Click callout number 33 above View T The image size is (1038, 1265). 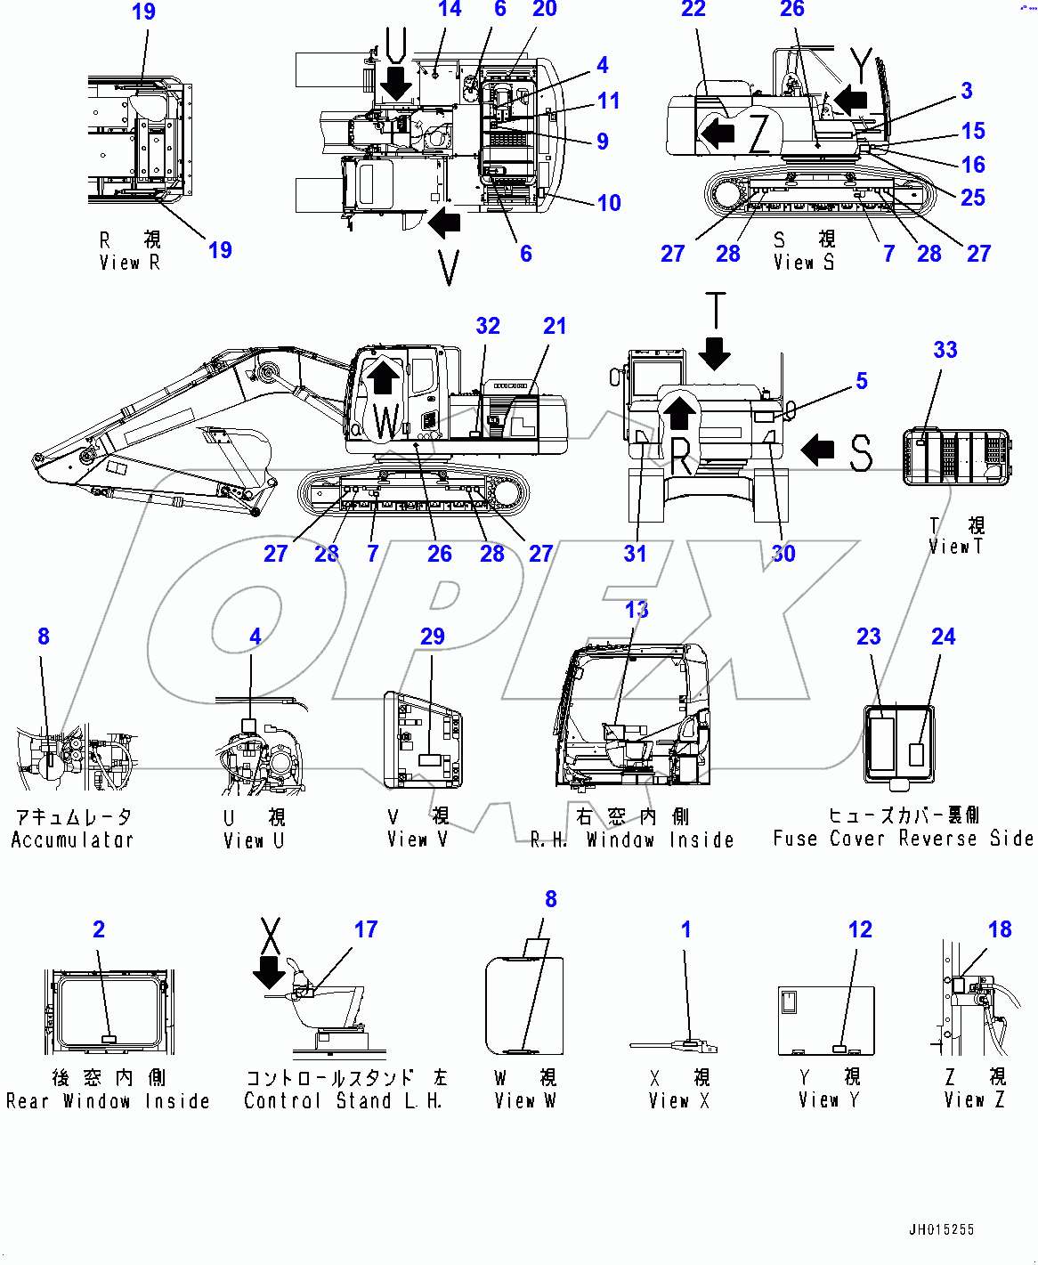[x=945, y=350]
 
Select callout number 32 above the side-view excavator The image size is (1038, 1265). [x=488, y=326]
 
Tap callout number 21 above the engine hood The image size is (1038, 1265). [x=555, y=326]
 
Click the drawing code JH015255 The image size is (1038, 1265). [x=941, y=1229]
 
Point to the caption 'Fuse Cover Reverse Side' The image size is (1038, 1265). [x=903, y=838]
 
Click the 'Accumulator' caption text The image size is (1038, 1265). [x=72, y=839]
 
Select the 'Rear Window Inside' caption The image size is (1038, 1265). [x=108, y=1101]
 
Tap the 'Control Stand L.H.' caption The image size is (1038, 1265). [x=343, y=1101]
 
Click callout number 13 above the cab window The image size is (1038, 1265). [x=637, y=610]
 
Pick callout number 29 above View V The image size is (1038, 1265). [x=433, y=637]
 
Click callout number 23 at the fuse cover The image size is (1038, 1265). [x=869, y=637]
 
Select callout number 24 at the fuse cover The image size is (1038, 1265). [x=943, y=637]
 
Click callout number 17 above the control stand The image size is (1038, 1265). [x=366, y=929]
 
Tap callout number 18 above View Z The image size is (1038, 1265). [x=1000, y=929]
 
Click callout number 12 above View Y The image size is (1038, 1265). [x=860, y=929]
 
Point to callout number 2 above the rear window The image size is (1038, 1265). [x=99, y=929]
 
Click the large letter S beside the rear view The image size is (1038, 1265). [x=860, y=452]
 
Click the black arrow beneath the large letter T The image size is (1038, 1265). [x=714, y=353]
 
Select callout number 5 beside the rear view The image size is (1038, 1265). [x=862, y=381]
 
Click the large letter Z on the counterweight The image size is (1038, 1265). [x=758, y=134]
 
